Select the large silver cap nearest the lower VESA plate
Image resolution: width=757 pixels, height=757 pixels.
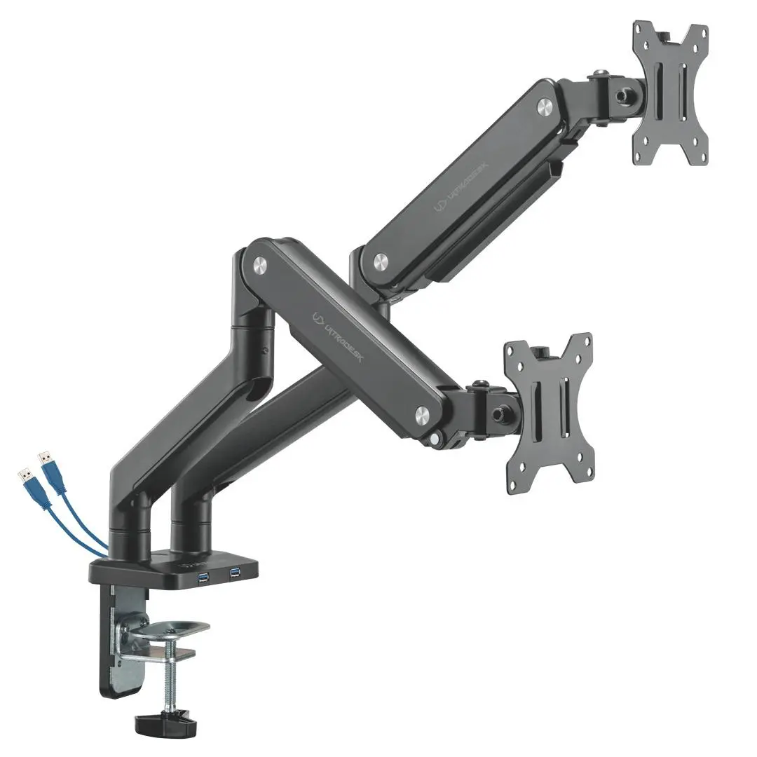click(x=423, y=413)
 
